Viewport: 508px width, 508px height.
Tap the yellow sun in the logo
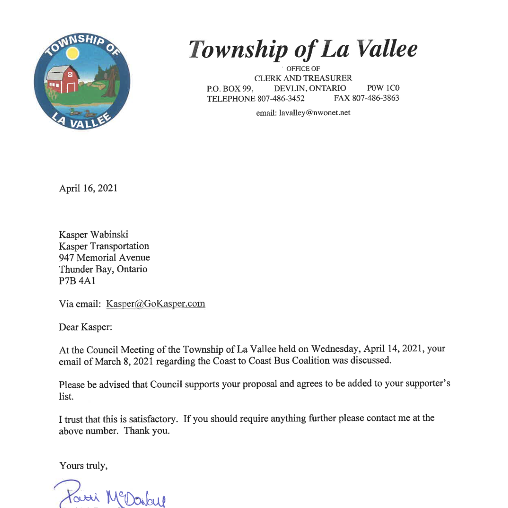pyautogui.click(x=73, y=53)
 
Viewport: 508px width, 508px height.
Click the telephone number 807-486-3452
pyautogui.click(x=281, y=99)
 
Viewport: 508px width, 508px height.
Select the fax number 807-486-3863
pyautogui.click(x=375, y=98)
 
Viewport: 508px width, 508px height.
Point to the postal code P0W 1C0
pyautogui.click(x=383, y=88)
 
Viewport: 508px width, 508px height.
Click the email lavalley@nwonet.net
pyautogui.click(x=315, y=113)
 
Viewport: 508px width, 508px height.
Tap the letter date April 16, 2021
pyautogui.click(x=88, y=188)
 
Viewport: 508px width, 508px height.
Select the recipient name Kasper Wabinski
pyautogui.click(x=94, y=235)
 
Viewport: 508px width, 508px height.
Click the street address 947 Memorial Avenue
pyautogui.click(x=104, y=258)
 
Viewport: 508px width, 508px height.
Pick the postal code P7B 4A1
pyautogui.click(x=77, y=281)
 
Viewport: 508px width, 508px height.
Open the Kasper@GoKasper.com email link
pyautogui.click(x=155, y=304)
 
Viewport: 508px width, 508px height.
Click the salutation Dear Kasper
pyautogui.click(x=86, y=327)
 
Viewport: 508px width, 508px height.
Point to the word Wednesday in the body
pyautogui.click(x=335, y=349)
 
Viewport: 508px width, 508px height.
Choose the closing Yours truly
pyautogui.click(x=83, y=466)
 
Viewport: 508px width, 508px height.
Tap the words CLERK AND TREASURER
pyautogui.click(x=303, y=78)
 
